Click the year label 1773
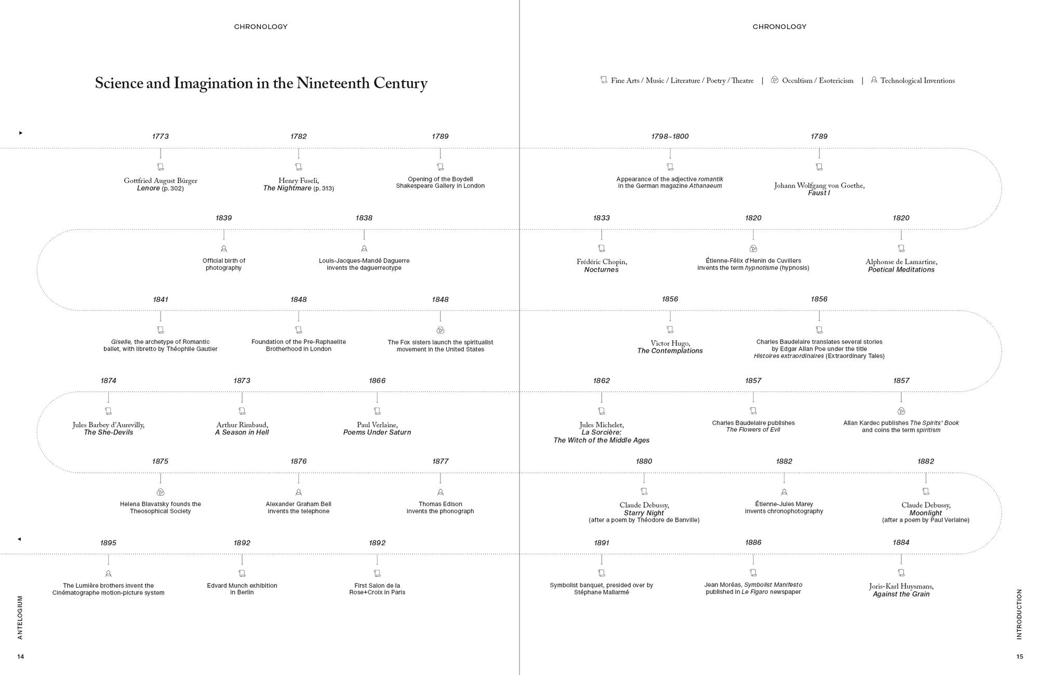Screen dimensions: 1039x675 pyautogui.click(x=160, y=136)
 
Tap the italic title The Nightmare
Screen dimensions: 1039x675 pyautogui.click(x=287, y=188)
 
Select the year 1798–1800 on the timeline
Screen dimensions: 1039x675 pyautogui.click(x=670, y=136)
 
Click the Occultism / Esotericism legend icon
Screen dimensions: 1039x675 pyautogui.click(x=775, y=80)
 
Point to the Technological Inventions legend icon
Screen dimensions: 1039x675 pyautogui.click(x=874, y=80)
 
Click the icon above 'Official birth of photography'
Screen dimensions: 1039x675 pyautogui.click(x=224, y=249)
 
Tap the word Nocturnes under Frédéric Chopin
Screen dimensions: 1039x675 pyautogui.click(x=601, y=270)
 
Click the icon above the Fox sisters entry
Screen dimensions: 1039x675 pyautogui.click(x=441, y=330)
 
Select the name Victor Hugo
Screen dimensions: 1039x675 pyautogui.click(x=670, y=343)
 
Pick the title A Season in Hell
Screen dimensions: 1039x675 pyautogui.click(x=242, y=432)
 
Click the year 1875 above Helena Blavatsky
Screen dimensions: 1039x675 pyautogui.click(x=160, y=461)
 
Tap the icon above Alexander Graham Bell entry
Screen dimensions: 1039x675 pyautogui.click(x=299, y=492)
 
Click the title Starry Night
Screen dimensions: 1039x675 pyautogui.click(x=644, y=513)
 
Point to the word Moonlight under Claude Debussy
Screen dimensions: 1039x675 pyautogui.click(x=925, y=513)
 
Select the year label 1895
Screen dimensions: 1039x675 pyautogui.click(x=108, y=543)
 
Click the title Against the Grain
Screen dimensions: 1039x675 pyautogui.click(x=901, y=594)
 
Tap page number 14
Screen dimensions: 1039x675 pyautogui.click(x=21, y=657)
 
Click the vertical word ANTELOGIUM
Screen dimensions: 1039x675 pyautogui.click(x=20, y=617)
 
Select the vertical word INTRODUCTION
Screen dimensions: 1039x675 pyautogui.click(x=1019, y=614)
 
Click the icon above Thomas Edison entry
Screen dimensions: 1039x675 pyautogui.click(x=441, y=492)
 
